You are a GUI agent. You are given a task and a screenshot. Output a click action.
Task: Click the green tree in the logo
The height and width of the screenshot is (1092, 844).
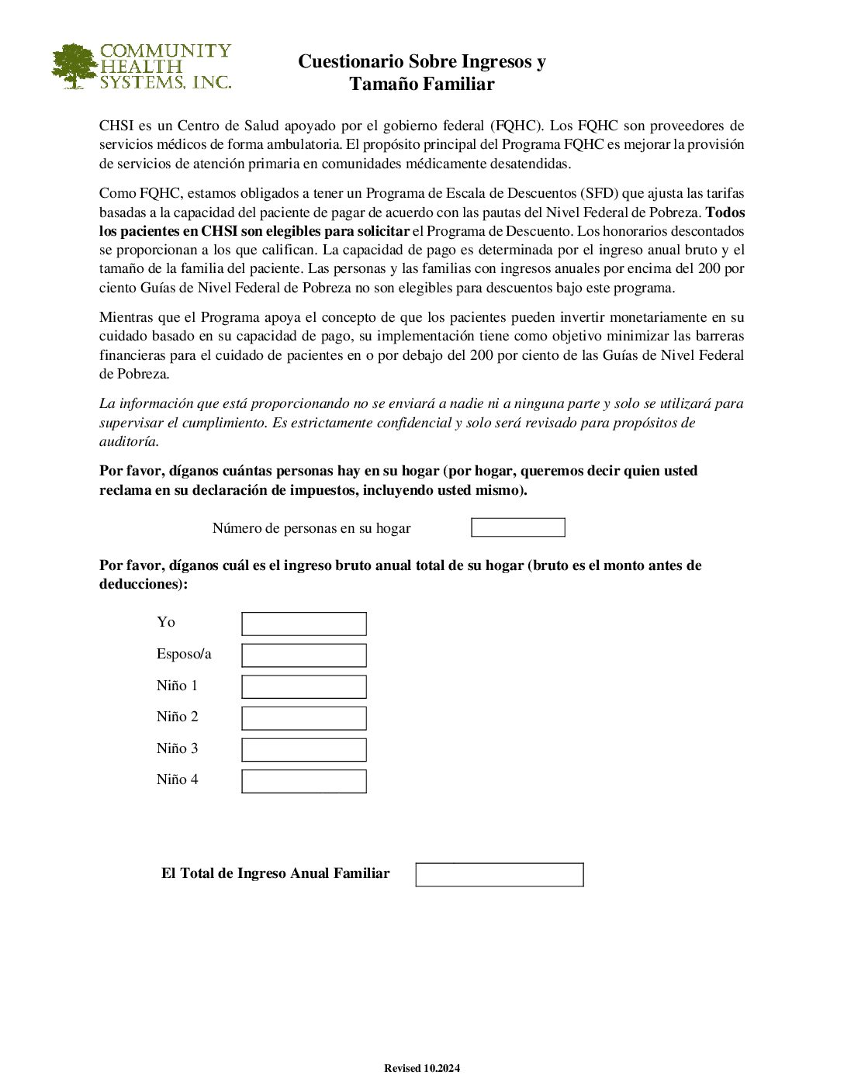[x=74, y=66]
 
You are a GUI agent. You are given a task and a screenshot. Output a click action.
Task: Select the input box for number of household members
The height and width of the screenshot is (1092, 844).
[x=518, y=527]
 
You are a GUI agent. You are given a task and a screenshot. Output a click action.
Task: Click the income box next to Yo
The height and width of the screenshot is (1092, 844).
[x=304, y=624]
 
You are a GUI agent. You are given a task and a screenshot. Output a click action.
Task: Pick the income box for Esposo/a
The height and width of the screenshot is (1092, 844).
[x=304, y=655]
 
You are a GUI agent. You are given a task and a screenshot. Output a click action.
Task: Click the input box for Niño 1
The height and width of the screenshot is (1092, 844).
[x=304, y=686]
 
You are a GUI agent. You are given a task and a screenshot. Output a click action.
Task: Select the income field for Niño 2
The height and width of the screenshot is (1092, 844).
[x=304, y=718]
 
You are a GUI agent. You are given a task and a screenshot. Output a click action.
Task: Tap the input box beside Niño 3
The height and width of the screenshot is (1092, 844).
[x=304, y=750]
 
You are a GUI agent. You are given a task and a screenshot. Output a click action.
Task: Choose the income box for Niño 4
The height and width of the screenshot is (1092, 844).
[x=304, y=781]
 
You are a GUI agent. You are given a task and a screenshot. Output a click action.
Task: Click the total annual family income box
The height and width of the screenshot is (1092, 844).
[x=500, y=875]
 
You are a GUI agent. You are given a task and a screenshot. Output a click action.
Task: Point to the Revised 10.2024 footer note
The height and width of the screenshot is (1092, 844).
[x=422, y=1068]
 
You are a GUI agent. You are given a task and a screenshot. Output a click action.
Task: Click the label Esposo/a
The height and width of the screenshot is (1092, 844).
[x=184, y=654]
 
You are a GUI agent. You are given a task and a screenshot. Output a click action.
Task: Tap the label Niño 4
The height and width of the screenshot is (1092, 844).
[x=177, y=779]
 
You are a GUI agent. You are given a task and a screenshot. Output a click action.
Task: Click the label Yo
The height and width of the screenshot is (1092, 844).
[x=166, y=622]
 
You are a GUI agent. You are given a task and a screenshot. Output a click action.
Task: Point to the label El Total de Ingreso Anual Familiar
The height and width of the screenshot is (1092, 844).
[x=275, y=873]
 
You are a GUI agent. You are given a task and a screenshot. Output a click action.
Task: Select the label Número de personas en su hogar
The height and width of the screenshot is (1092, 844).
[x=311, y=528]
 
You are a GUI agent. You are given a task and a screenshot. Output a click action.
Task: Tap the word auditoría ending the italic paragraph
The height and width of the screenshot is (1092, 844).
[x=129, y=441]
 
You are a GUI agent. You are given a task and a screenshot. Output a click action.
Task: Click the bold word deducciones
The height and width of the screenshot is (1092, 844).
[x=141, y=584]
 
